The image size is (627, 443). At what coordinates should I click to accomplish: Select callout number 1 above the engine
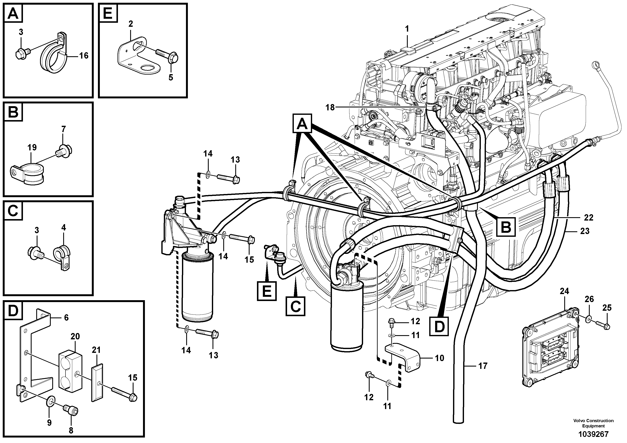click(407, 29)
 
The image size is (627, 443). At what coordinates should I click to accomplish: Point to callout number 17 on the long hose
click(483, 366)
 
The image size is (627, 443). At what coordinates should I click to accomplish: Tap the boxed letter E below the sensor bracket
click(266, 291)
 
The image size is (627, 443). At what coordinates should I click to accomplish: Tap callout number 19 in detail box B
click(32, 147)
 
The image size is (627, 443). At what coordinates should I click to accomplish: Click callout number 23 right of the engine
click(585, 231)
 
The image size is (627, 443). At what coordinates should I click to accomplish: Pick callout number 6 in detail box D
click(66, 317)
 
